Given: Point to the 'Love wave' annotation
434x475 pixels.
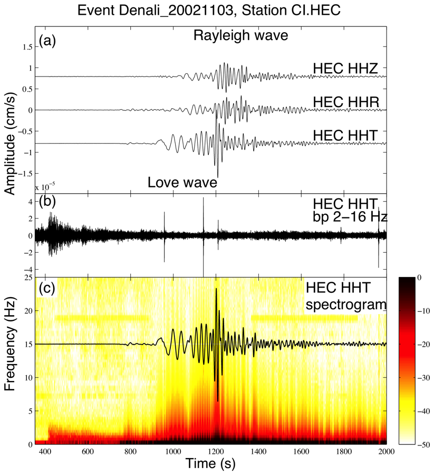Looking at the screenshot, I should click(182, 183).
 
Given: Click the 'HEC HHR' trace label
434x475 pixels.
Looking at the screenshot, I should click(344, 101).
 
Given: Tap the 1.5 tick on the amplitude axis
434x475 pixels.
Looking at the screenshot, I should click(25, 47).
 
